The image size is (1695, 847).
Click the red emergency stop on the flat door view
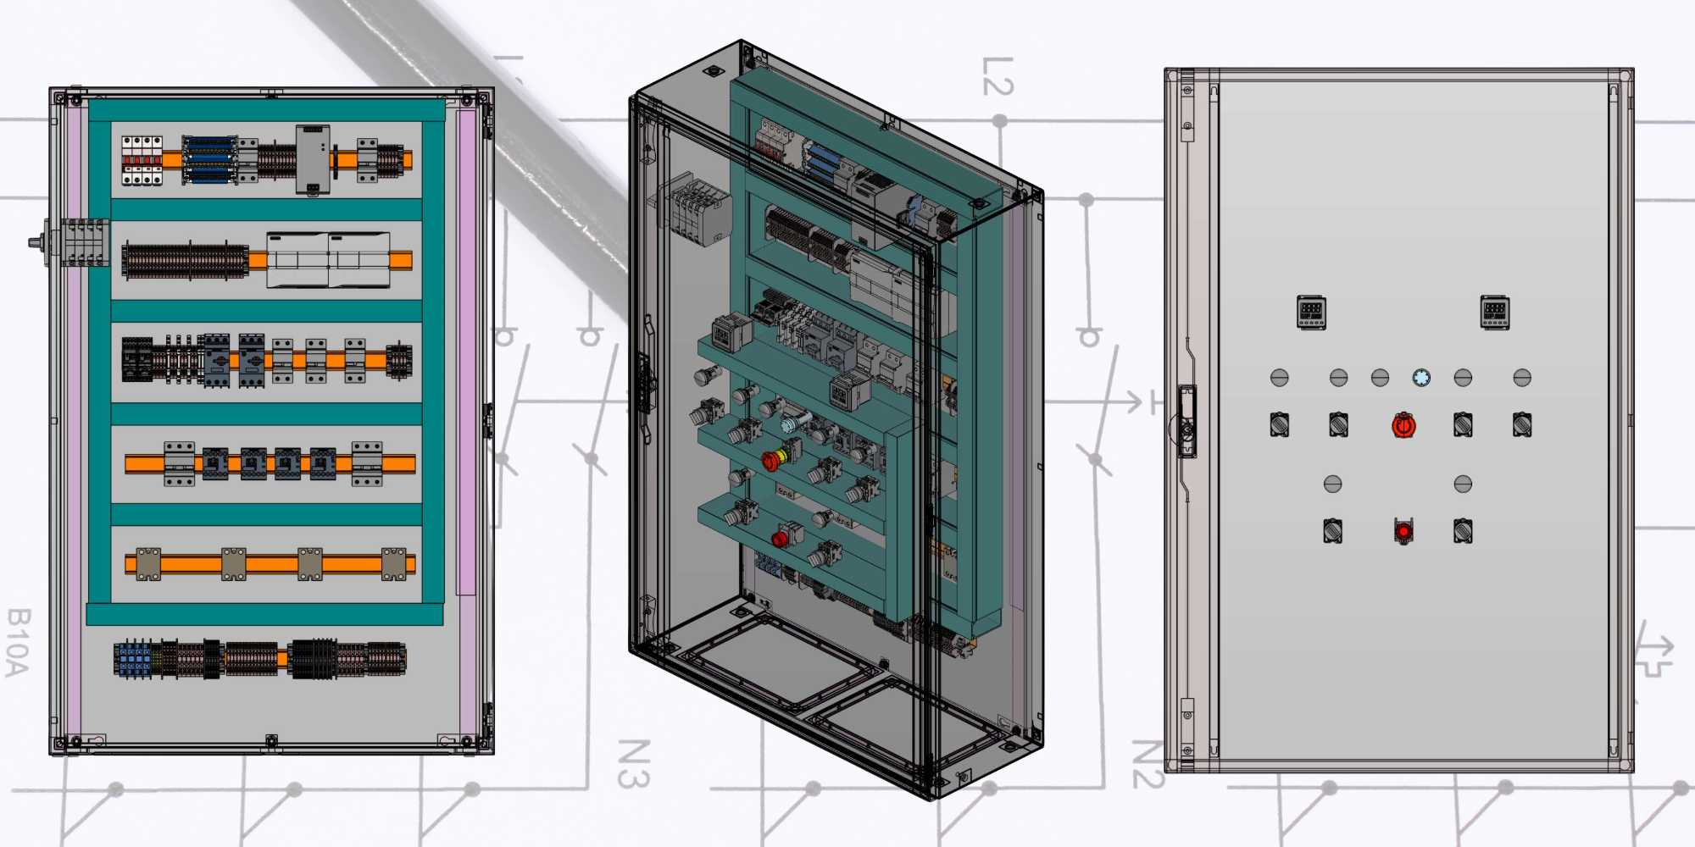(x=1403, y=425)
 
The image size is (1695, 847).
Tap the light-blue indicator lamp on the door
(x=1421, y=378)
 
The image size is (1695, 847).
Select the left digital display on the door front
(x=1311, y=313)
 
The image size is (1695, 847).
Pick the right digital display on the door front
(x=1494, y=313)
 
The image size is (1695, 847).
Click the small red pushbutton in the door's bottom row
(x=1403, y=531)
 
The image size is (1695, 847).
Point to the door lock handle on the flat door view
(x=1187, y=421)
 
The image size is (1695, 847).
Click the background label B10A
(x=18, y=642)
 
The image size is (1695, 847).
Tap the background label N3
(x=633, y=764)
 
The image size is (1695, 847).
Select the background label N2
(x=1148, y=764)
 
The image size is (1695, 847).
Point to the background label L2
(x=998, y=76)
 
